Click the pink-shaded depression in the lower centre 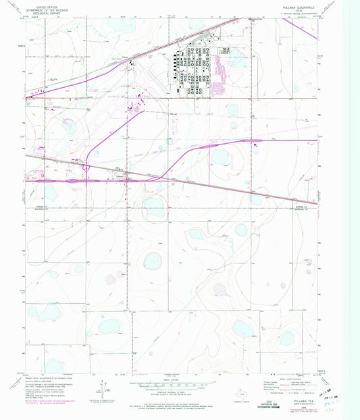click(x=222, y=289)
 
